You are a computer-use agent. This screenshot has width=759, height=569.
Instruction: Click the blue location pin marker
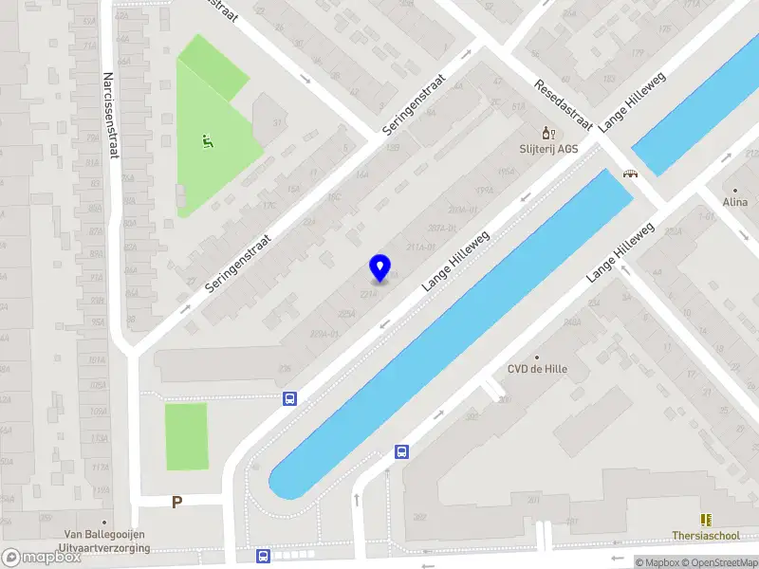point(379,268)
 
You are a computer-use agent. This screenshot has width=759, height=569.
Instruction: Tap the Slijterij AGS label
point(548,149)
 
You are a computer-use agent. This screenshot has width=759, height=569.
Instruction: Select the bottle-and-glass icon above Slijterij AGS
point(546,133)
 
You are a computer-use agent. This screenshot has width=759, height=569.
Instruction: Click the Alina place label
point(735,202)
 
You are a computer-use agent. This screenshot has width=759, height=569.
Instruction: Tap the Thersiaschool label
point(706,536)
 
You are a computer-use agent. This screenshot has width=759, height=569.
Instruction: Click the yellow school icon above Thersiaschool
point(706,520)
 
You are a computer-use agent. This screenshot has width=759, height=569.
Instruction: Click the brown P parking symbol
point(176,503)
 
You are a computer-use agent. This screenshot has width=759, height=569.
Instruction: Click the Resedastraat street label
point(564,105)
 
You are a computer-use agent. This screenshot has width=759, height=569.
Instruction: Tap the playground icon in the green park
point(207,142)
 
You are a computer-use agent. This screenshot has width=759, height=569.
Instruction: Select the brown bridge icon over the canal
point(629,174)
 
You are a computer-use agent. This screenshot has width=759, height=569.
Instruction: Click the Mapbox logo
point(42,558)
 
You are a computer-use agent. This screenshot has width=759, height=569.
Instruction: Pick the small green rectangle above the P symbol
point(186,436)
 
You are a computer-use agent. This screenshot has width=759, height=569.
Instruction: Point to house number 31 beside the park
point(278,123)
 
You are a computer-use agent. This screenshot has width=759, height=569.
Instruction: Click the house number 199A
point(486,191)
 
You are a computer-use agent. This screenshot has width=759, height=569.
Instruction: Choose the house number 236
point(284,369)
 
